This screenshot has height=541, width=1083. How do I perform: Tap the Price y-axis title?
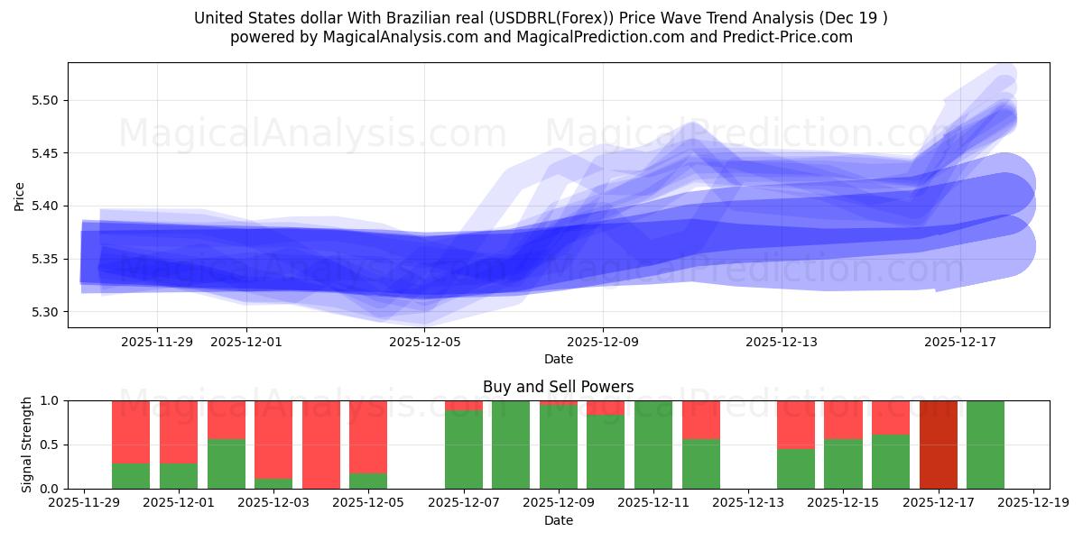20,196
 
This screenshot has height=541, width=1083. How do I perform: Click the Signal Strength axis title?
27,444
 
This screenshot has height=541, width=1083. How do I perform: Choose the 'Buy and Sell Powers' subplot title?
558,387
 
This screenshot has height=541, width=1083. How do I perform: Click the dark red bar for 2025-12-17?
938,445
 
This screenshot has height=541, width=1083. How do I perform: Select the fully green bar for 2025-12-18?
985,445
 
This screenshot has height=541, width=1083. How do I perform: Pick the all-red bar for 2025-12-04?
321,445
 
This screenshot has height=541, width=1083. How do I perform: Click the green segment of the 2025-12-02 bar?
227,463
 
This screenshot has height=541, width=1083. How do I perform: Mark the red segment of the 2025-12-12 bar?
700,419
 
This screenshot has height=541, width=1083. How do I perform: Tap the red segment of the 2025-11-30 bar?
131,431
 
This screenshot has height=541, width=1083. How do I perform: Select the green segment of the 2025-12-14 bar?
795,469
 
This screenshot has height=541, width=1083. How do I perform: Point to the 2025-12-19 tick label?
1032,501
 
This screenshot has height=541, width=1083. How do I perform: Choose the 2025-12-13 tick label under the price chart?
782,342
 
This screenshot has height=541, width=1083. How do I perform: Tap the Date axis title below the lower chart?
558,520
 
